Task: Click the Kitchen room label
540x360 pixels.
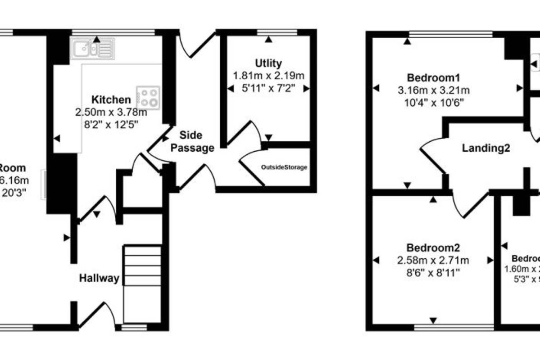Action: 111,99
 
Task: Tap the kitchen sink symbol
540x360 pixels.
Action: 92,49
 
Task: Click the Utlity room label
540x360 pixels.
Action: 268,63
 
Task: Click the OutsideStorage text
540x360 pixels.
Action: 284,167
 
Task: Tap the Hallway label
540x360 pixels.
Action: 99,279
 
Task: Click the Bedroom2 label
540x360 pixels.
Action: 433,247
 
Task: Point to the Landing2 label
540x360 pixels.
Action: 486,148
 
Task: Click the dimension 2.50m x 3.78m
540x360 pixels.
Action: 111,112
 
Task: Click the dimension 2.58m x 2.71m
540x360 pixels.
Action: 433,260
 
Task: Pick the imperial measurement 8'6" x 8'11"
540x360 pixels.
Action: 433,272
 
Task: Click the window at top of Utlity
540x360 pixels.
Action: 277,32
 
